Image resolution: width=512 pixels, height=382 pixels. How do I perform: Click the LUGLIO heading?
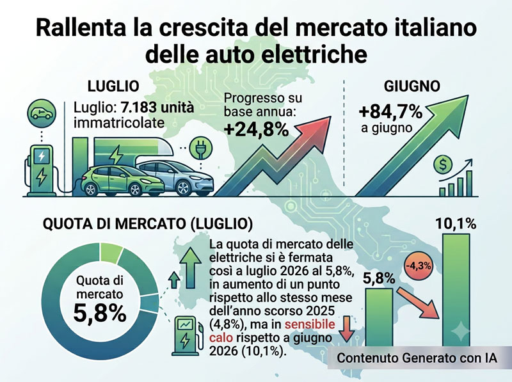point(114,86)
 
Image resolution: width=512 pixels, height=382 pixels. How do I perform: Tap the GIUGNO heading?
point(412,86)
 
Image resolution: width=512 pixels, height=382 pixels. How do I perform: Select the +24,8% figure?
point(257,130)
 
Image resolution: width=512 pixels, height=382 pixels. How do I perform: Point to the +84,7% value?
point(390,112)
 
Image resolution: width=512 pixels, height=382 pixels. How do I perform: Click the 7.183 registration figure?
point(141,107)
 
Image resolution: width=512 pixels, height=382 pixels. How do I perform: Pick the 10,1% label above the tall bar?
point(456,224)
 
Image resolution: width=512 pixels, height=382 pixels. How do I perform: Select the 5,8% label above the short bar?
point(379,278)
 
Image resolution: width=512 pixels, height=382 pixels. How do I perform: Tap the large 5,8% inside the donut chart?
point(100,313)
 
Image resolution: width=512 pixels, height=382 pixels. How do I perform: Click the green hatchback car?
point(122,180)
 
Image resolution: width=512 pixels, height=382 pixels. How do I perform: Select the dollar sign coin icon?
point(443,165)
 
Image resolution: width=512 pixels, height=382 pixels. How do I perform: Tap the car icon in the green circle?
point(42,113)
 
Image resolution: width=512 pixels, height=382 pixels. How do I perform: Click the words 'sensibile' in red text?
point(310,324)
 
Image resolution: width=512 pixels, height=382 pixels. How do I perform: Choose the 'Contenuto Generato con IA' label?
point(417,358)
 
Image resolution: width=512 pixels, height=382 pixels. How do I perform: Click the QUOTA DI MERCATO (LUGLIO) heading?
point(148,224)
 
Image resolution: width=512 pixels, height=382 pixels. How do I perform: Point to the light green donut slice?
point(111,252)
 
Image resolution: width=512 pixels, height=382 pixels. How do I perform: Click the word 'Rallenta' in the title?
point(81,28)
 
